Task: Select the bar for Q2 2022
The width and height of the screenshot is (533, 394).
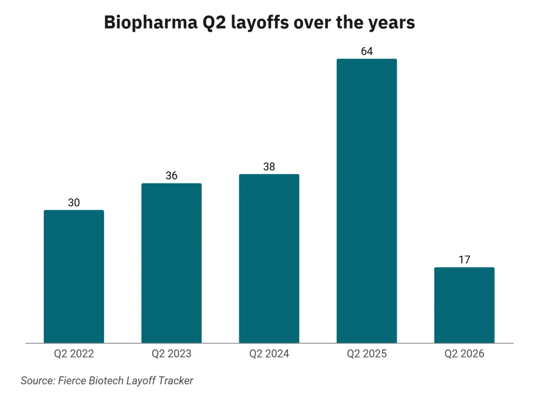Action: pyautogui.click(x=74, y=276)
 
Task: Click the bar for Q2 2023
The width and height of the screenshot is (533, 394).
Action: pyautogui.click(x=171, y=263)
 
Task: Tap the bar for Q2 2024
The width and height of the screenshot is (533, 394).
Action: pyautogui.click(x=269, y=259)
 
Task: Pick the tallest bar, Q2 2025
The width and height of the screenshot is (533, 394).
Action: pyautogui.click(x=367, y=201)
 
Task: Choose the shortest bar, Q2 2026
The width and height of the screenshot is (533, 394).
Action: pyautogui.click(x=464, y=305)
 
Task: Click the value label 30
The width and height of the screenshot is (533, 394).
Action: pyautogui.click(x=74, y=203)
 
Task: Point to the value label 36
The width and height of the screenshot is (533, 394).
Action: pyautogui.click(x=171, y=175)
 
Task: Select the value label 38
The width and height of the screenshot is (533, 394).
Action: pyautogui.click(x=269, y=167)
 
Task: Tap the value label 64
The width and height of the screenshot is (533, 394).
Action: pyautogui.click(x=367, y=51)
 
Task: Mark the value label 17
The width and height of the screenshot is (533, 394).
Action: pyautogui.click(x=464, y=260)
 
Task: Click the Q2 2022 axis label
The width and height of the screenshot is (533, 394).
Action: pyautogui.click(x=74, y=354)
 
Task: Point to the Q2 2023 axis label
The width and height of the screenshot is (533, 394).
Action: pyautogui.click(x=171, y=354)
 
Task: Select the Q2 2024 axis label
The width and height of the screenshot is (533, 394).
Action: pyautogui.click(x=269, y=354)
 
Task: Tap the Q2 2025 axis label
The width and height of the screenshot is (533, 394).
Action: pyautogui.click(x=367, y=354)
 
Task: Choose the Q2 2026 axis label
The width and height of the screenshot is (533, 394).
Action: pyautogui.click(x=464, y=354)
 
